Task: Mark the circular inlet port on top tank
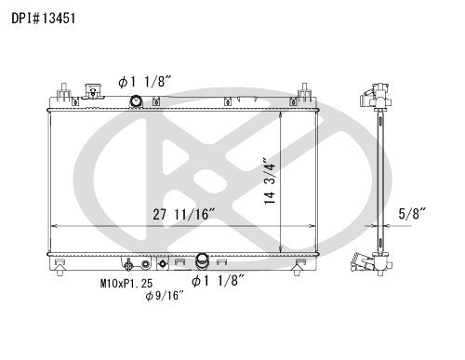click(137, 101)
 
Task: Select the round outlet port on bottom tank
click(202, 261)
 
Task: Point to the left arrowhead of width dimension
click(52, 226)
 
